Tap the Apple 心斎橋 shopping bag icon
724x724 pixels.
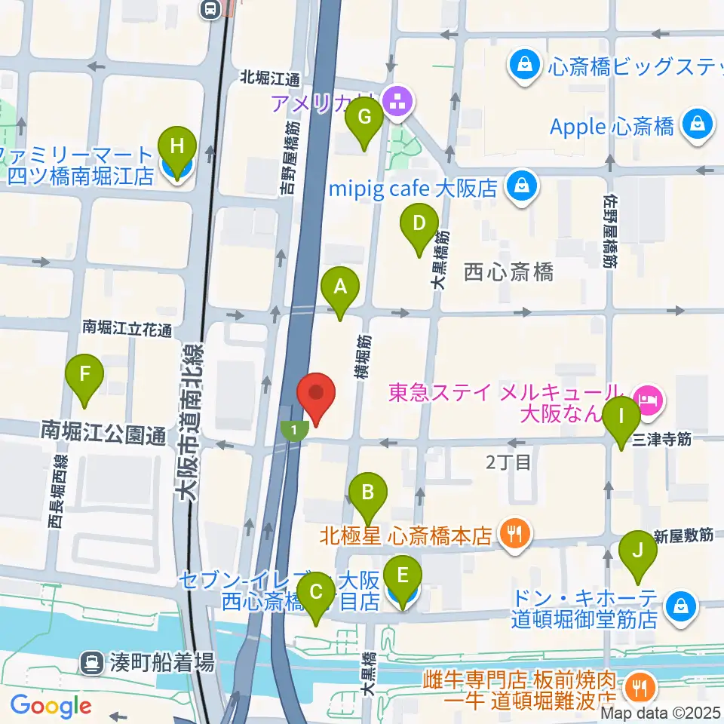click(698, 124)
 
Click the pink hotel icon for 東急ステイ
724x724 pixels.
click(648, 394)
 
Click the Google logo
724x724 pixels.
click(51, 705)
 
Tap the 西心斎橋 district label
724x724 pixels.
click(508, 271)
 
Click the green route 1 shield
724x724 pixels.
click(294, 431)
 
